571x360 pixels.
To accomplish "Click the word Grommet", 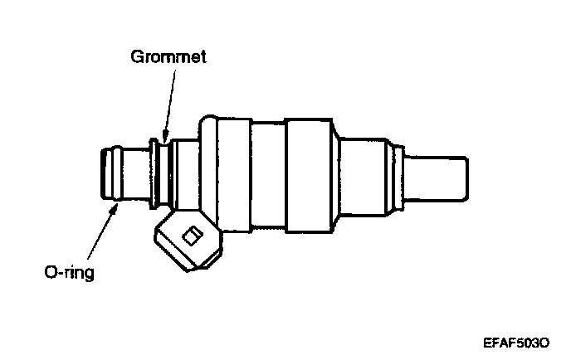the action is pyautogui.click(x=168, y=57).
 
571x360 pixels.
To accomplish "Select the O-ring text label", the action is pyautogui.click(x=70, y=271).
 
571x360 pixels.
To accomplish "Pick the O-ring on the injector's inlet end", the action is pyautogui.click(x=105, y=173).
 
